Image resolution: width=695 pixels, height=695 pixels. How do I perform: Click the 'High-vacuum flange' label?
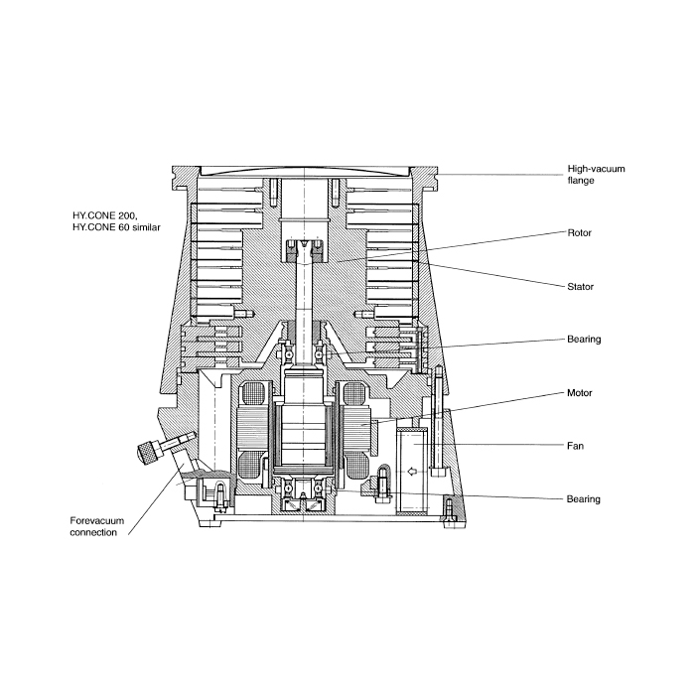point(596,174)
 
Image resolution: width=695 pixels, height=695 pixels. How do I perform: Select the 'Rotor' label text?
point(579,232)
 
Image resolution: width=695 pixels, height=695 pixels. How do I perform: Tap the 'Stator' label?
point(580,286)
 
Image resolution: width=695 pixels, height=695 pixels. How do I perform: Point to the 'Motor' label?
point(579,393)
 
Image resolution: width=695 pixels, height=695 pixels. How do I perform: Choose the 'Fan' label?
point(575,446)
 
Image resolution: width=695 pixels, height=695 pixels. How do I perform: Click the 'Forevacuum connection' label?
point(97,526)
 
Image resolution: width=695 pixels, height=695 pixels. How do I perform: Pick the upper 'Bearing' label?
point(584,340)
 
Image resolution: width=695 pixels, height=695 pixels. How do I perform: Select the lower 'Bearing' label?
point(584,499)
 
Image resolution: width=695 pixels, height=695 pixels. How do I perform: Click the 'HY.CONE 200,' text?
point(105,215)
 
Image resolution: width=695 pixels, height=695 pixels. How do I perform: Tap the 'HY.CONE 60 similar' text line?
point(116,227)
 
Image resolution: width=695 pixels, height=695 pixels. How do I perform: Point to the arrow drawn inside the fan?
point(412,472)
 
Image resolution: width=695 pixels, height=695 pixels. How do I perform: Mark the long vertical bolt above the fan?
point(438,420)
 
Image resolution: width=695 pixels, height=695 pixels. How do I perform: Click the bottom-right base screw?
point(449,510)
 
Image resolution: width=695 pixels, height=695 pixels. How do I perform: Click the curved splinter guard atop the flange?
point(306,170)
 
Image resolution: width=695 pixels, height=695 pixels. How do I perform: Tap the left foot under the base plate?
point(209,523)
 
